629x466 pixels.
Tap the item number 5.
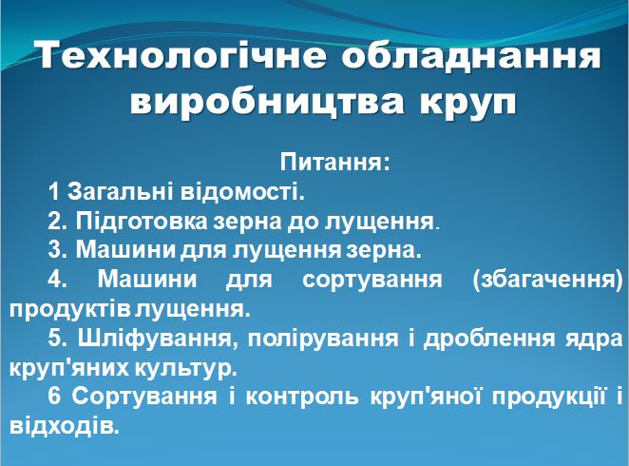[54, 339]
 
